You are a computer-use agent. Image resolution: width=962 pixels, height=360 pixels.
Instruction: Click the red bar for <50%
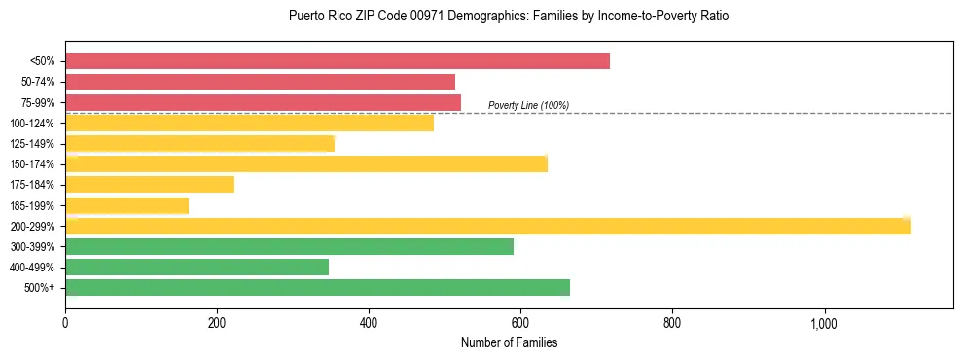[338, 61]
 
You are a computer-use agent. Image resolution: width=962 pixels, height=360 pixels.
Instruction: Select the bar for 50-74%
[260, 82]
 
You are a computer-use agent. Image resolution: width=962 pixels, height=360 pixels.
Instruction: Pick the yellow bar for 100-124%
[249, 124]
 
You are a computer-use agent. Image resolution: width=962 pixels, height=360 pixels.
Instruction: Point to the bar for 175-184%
[150, 185]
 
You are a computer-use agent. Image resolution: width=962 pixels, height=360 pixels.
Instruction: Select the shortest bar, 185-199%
[126, 205]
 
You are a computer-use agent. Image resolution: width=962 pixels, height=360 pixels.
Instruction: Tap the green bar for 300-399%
[289, 247]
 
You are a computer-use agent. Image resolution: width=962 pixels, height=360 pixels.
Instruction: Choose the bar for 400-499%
[196, 268]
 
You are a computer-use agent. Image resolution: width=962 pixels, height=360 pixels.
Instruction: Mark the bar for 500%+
[317, 288]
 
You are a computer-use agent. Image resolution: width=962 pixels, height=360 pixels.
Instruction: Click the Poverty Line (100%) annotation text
[528, 105]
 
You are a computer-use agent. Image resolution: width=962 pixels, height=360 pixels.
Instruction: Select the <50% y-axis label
[43, 61]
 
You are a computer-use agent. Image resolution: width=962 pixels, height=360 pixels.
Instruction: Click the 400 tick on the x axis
[369, 323]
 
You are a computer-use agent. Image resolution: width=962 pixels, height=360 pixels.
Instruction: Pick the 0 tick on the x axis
[65, 323]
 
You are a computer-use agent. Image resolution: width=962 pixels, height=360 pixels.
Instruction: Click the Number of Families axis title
[509, 342]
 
